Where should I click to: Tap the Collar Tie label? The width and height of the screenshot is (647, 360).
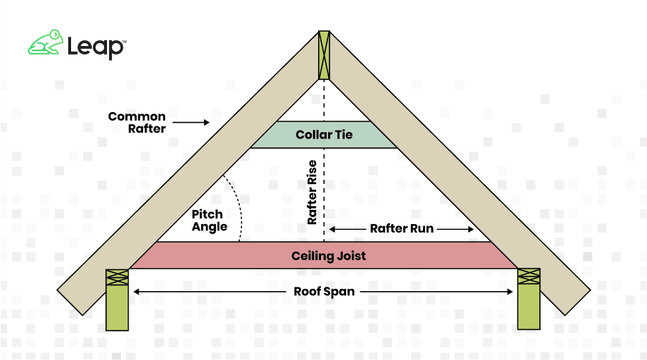click(x=324, y=134)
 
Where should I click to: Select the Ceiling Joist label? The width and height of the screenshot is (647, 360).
click(x=324, y=256)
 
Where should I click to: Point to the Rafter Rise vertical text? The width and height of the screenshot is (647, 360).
click(x=312, y=193)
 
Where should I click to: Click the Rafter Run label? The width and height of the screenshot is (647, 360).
click(x=401, y=229)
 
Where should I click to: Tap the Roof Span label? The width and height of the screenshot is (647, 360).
click(x=322, y=292)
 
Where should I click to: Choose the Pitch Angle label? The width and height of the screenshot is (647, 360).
click(x=209, y=221)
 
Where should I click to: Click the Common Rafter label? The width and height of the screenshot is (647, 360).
click(x=136, y=123)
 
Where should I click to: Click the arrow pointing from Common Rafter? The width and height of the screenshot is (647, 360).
click(x=190, y=123)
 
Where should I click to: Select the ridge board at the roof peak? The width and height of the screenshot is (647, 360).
click(x=324, y=54)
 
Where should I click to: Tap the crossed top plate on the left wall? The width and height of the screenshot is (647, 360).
click(x=117, y=277)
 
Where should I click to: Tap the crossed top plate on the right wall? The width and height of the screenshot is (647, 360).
click(x=529, y=277)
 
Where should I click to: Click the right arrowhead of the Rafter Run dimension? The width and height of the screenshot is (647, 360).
click(x=470, y=229)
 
